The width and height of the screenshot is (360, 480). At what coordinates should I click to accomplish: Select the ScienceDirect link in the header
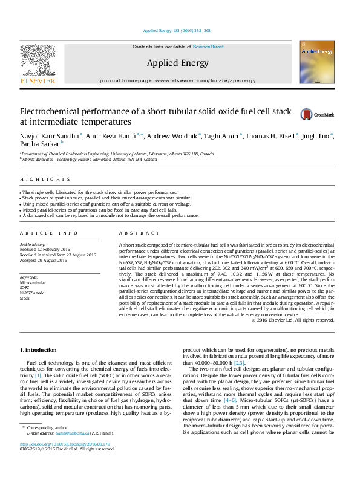coord(208,47)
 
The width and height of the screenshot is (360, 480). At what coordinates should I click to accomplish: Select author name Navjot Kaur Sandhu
coord(50,137)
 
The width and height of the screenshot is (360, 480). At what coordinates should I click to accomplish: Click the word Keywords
coord(29,277)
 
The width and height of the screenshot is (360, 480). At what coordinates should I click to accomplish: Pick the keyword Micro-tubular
coord(33,282)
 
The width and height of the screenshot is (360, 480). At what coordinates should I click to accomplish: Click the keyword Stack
coord(25,299)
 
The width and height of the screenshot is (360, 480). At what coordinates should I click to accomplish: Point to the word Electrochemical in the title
coord(51,112)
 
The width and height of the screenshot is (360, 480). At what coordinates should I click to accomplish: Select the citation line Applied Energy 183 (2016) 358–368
coord(177,30)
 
